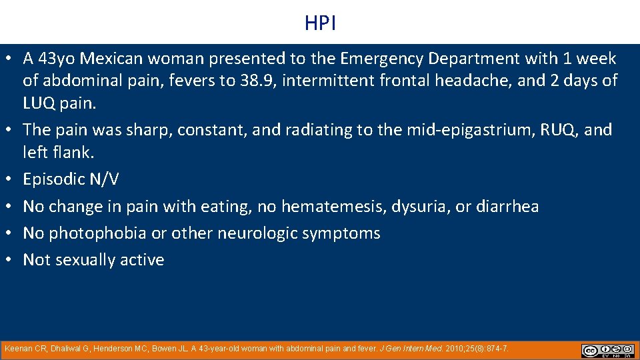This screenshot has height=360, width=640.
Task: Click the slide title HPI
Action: (320, 23)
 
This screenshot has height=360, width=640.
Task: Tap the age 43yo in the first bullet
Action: (57, 59)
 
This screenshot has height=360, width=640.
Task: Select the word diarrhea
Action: (507, 207)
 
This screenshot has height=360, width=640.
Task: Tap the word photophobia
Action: (99, 233)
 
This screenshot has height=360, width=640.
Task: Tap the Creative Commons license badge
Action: (607, 351)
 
